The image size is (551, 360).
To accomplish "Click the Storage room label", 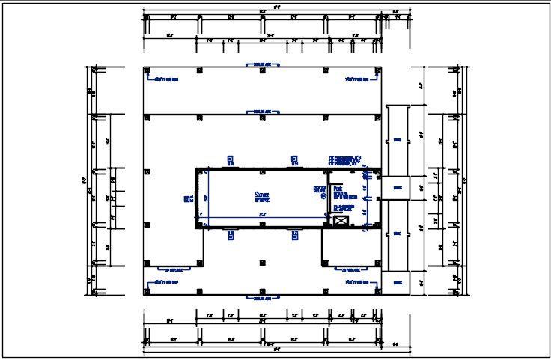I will (x=262, y=196).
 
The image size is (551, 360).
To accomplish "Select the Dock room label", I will (x=338, y=189).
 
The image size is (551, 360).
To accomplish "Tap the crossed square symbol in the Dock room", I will (x=341, y=221).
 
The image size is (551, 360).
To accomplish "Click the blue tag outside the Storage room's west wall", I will (x=188, y=198).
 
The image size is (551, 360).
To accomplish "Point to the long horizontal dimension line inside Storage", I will (x=262, y=217).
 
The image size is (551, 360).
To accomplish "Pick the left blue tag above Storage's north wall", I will (x=231, y=159).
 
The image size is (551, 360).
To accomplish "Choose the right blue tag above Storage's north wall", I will (x=294, y=159).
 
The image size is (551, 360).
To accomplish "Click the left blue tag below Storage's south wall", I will (x=231, y=234).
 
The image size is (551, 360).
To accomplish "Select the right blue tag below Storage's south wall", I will (x=294, y=234).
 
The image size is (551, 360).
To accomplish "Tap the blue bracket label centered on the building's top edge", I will (x=261, y=65).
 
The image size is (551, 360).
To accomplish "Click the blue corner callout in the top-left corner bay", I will (x=165, y=78).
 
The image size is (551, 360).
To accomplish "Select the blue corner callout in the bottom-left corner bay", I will (x=165, y=282).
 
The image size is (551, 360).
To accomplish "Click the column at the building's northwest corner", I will (x=147, y=70).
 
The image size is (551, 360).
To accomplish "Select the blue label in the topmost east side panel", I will (x=397, y=140).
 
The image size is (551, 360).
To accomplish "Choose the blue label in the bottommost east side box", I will (x=397, y=283).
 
